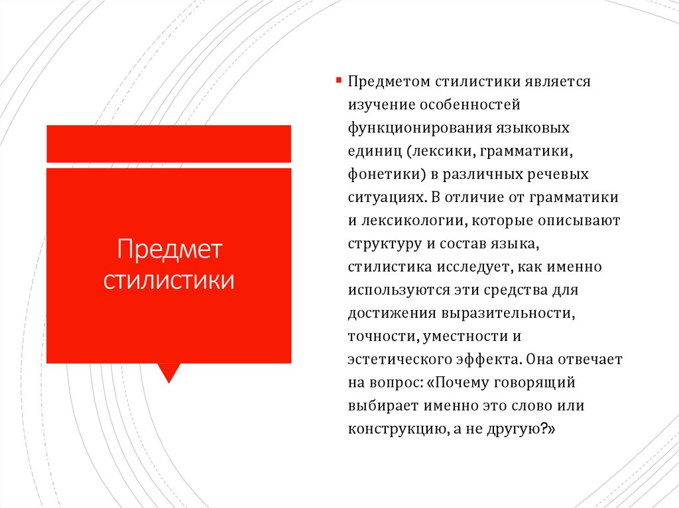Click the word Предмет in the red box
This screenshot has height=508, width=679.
click(168, 250)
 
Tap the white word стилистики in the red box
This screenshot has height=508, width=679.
click(168, 279)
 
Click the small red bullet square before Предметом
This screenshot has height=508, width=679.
click(338, 78)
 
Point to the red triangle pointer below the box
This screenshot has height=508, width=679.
click(170, 372)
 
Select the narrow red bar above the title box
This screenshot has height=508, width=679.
click(168, 143)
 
